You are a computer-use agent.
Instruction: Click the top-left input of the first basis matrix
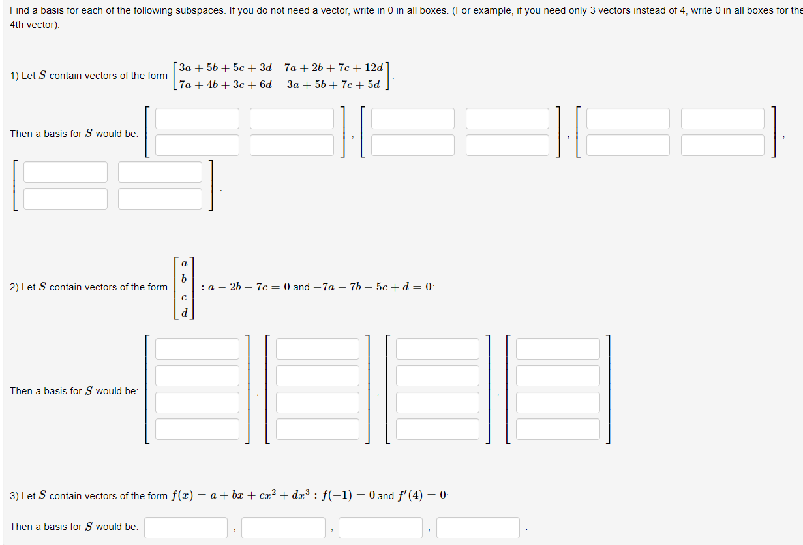pyautogui.click(x=197, y=119)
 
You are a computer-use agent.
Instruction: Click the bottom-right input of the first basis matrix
pyautogui.click(x=292, y=145)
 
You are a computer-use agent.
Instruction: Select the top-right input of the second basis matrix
pyautogui.click(x=508, y=119)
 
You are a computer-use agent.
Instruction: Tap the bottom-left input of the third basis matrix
pyautogui.click(x=628, y=145)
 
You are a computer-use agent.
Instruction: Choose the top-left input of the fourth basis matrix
pyautogui.click(x=65, y=172)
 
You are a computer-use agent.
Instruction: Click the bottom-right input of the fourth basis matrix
pyautogui.click(x=160, y=198)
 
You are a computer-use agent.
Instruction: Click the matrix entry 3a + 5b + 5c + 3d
pyautogui.click(x=225, y=67)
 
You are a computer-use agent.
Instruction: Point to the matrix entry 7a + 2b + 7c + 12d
pyautogui.click(x=333, y=67)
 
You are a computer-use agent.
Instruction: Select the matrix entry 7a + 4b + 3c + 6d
pyautogui.click(x=225, y=84)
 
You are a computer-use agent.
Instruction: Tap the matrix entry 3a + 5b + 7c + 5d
pyautogui.click(x=333, y=84)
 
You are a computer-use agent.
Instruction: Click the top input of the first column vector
pyautogui.click(x=197, y=349)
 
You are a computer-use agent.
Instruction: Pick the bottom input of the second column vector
pyautogui.click(x=317, y=429)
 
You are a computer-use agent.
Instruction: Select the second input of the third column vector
pyautogui.click(x=437, y=376)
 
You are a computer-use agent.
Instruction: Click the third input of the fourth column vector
pyautogui.click(x=557, y=403)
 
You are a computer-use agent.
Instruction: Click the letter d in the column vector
pyautogui.click(x=184, y=312)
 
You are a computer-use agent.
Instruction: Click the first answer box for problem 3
pyautogui.click(x=186, y=527)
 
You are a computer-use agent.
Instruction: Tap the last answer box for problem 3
pyautogui.click(x=477, y=527)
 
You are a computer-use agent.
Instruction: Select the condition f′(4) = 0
pyautogui.click(x=421, y=495)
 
